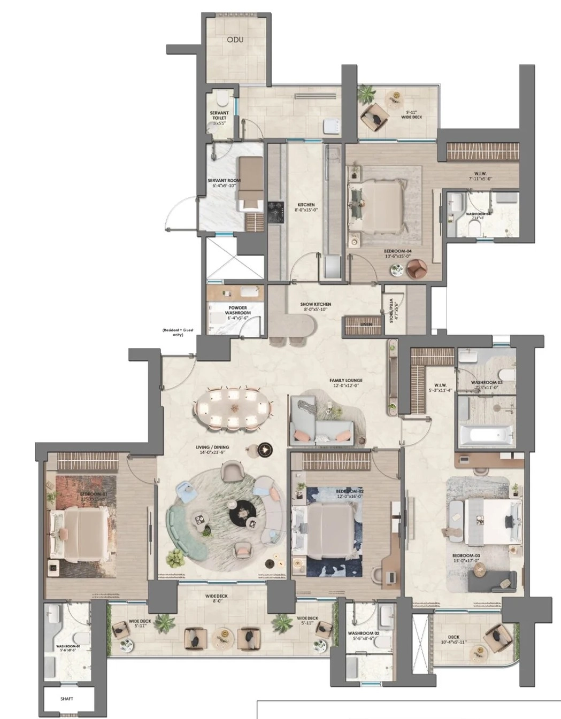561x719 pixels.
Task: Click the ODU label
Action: click(235, 40)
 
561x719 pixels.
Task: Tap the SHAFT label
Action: click(67, 699)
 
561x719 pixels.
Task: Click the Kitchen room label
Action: click(306, 207)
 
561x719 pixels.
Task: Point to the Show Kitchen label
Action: click(316, 306)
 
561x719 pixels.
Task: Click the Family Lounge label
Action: click(346, 383)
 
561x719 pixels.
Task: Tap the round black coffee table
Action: click(244, 514)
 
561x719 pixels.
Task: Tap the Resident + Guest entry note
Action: click(178, 332)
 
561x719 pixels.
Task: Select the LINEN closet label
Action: click(366, 324)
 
